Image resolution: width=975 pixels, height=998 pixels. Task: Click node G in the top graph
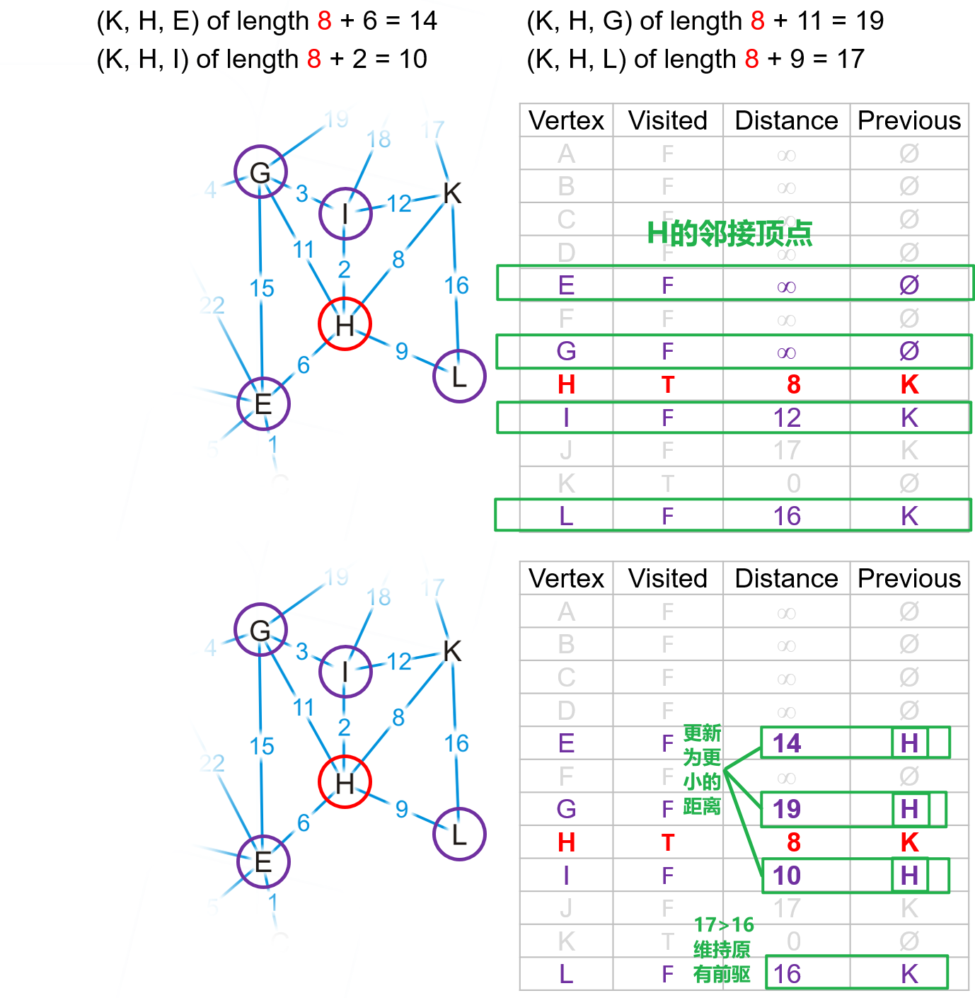tap(260, 172)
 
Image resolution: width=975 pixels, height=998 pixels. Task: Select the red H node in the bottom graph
tap(345, 782)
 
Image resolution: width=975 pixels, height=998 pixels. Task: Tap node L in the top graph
tap(459, 376)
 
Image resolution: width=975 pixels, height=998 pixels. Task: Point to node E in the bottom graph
tap(263, 861)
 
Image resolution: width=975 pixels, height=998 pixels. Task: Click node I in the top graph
tap(345, 213)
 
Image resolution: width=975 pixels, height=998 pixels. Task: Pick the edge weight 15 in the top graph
tap(262, 288)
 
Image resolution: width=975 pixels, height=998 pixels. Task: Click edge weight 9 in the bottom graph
tap(402, 808)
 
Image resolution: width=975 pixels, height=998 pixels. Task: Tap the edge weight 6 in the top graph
tap(304, 365)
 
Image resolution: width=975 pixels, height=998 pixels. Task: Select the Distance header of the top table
tap(786, 120)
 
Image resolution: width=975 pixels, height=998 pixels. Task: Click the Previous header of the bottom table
tap(909, 578)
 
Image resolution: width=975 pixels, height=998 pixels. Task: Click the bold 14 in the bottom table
tap(787, 743)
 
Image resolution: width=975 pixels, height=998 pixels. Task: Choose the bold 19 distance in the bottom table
tap(787, 808)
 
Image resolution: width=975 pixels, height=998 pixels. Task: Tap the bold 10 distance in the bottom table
tap(787, 876)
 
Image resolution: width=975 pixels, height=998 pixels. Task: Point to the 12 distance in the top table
tap(787, 418)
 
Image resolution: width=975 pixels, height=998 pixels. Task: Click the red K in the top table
tap(909, 384)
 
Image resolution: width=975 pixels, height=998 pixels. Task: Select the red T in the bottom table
tap(668, 842)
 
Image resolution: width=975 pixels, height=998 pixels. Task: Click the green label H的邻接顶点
tap(729, 234)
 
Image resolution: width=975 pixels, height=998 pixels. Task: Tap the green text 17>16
tap(724, 924)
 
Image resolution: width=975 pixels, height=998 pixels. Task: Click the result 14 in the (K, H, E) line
tap(423, 21)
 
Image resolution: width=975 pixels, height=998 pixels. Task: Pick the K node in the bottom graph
tap(452, 651)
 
